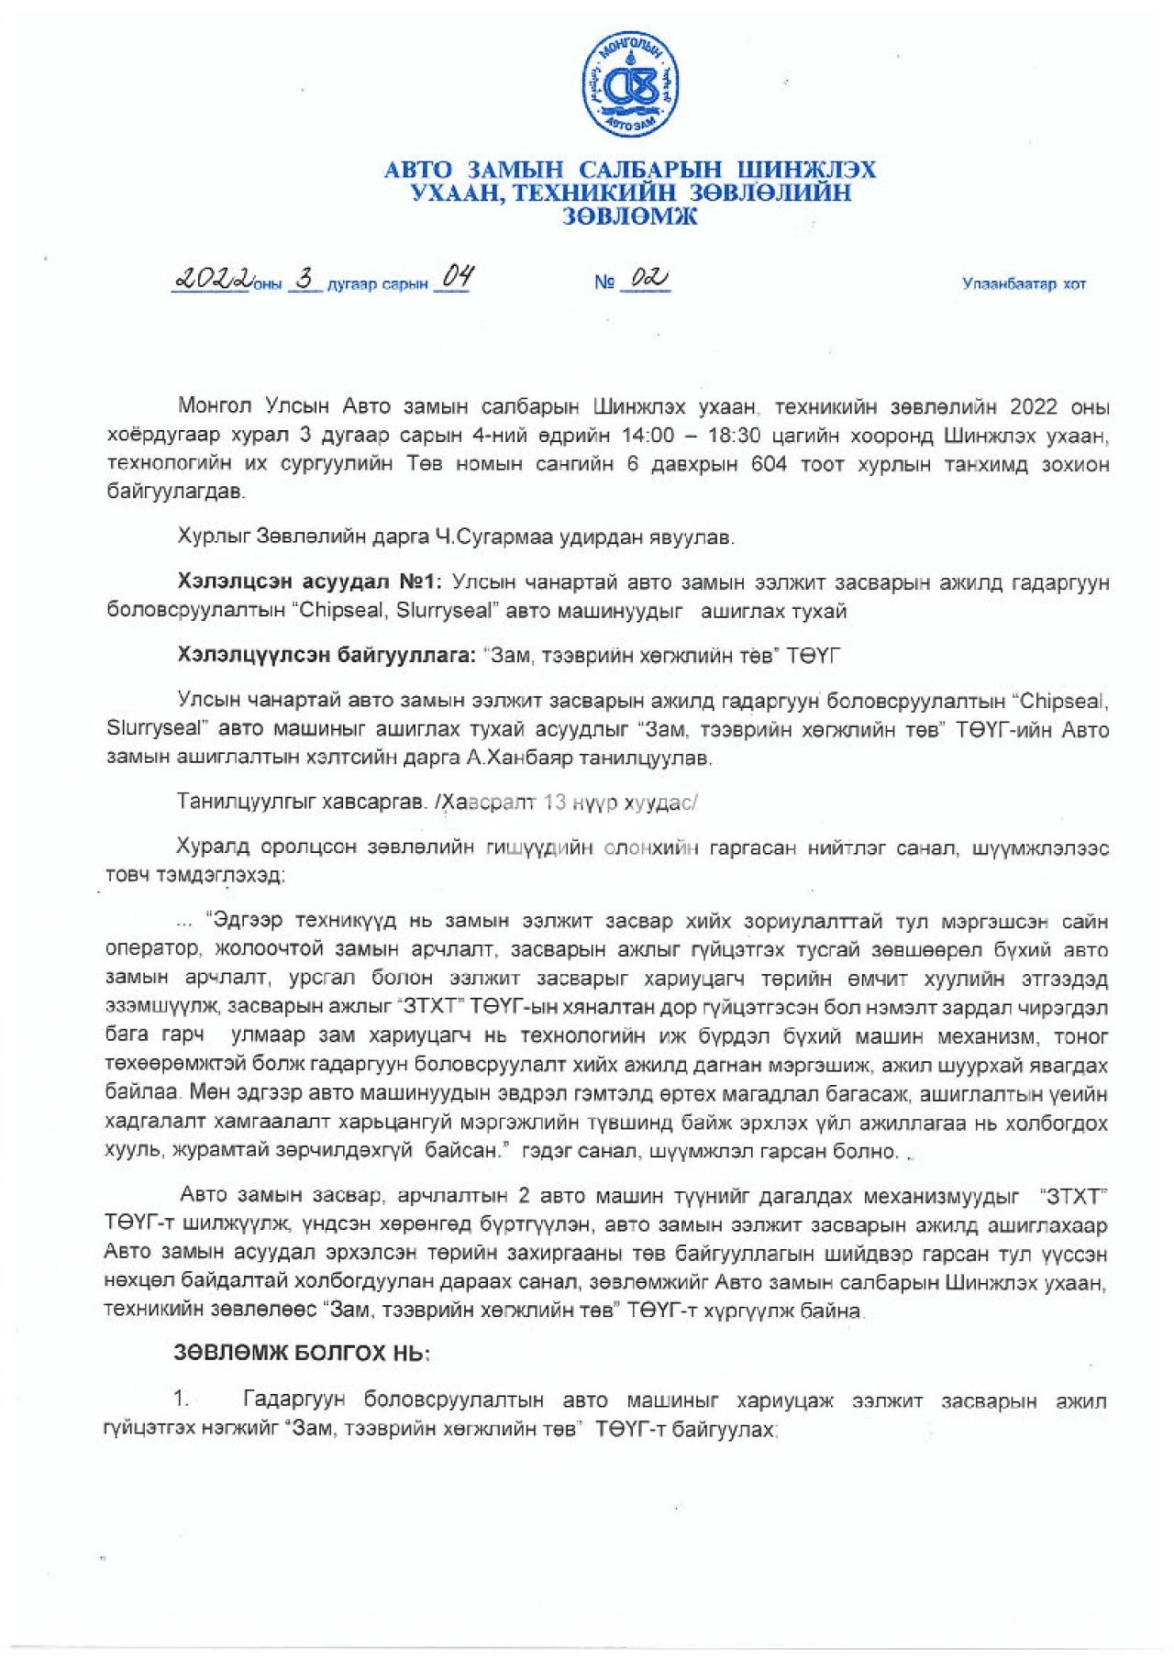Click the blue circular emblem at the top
(x=630, y=85)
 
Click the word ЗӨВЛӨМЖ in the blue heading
(x=629, y=216)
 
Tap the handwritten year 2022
(x=213, y=279)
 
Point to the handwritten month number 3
(x=305, y=279)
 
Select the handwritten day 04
(x=457, y=276)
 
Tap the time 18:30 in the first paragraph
(x=734, y=435)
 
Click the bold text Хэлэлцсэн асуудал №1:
(x=311, y=582)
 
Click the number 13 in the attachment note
(x=555, y=802)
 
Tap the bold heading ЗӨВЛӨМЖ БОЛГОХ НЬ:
(x=302, y=1353)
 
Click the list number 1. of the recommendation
(x=182, y=1400)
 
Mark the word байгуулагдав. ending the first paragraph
(x=176, y=492)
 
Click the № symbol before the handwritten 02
(x=604, y=282)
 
